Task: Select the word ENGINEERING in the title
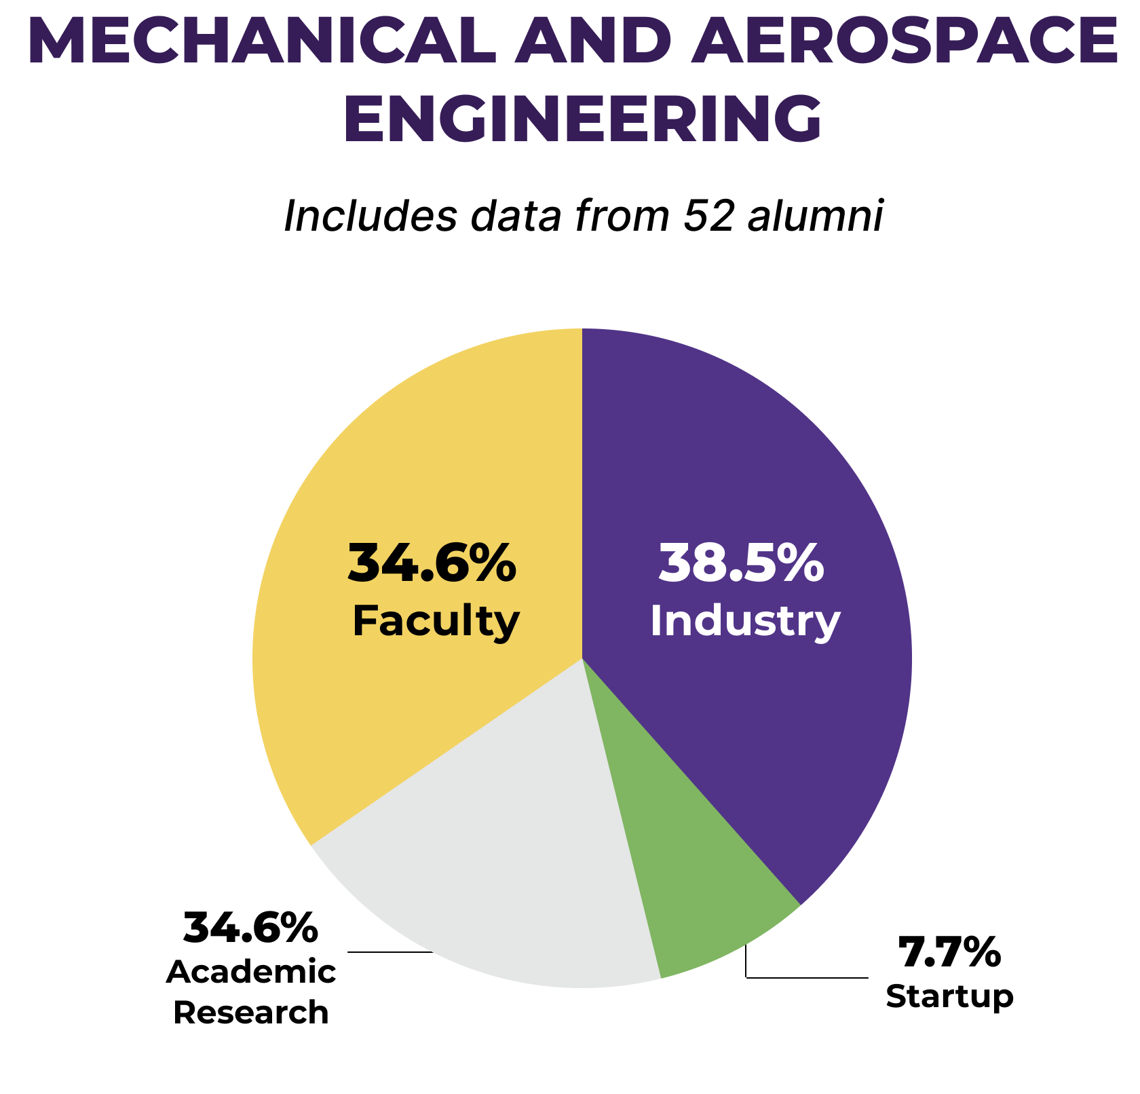click(582, 119)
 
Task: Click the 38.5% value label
click(742, 563)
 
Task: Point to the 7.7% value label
click(949, 952)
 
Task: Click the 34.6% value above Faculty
click(432, 563)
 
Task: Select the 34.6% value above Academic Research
click(250, 928)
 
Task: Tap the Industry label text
click(745, 620)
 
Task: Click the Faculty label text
click(436, 620)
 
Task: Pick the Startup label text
click(949, 996)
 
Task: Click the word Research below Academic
click(250, 1013)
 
